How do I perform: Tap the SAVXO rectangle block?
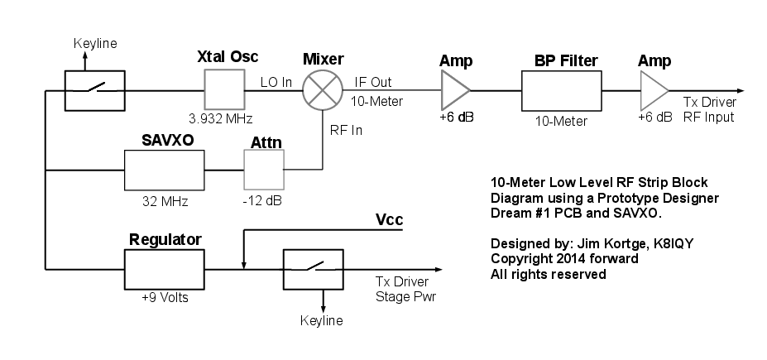click(164, 170)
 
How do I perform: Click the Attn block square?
click(263, 170)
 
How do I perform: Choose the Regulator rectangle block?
click(164, 267)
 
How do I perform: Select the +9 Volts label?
click(164, 296)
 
